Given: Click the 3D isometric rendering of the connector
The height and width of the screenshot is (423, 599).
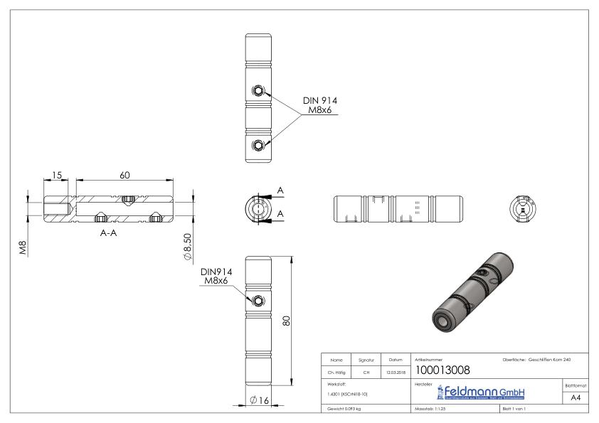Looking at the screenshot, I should tap(472, 291).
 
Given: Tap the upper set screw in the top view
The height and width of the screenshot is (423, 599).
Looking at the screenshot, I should tap(258, 90).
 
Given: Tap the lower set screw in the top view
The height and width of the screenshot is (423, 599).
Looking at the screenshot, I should tap(258, 146).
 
